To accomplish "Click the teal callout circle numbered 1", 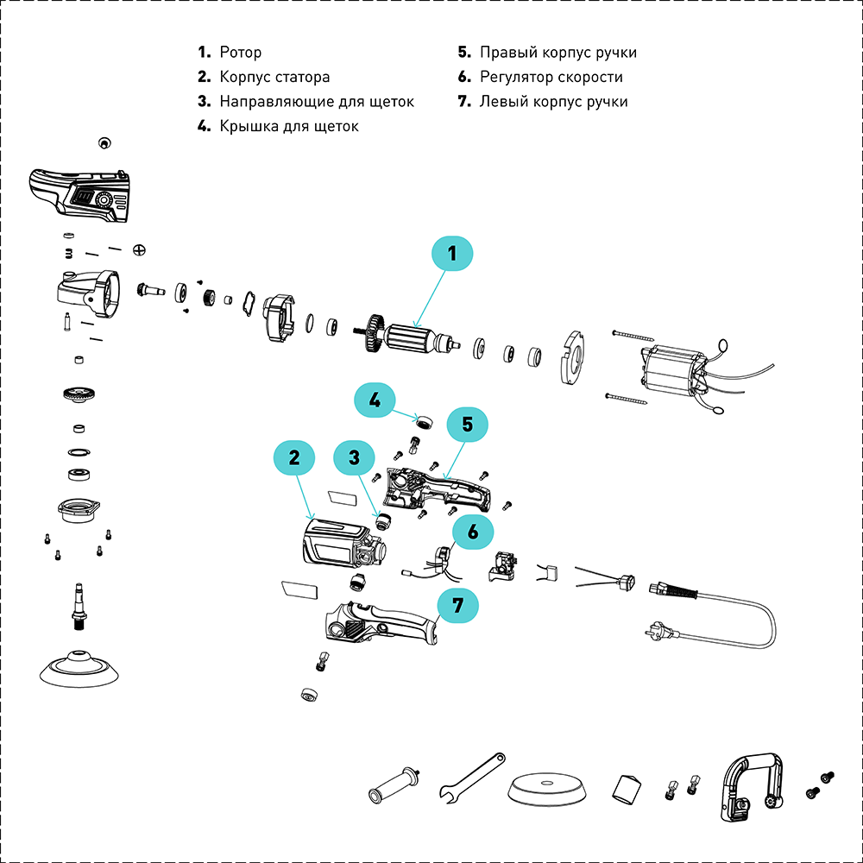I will pos(452,255).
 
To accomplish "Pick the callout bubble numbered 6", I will pos(472,532).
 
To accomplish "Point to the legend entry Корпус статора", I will pos(274,77).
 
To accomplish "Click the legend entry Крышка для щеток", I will pos(288,126).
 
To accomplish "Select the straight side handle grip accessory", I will pos(395,784).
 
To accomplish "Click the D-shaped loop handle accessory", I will pos(749,785).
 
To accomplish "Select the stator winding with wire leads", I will pos(673,371).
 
